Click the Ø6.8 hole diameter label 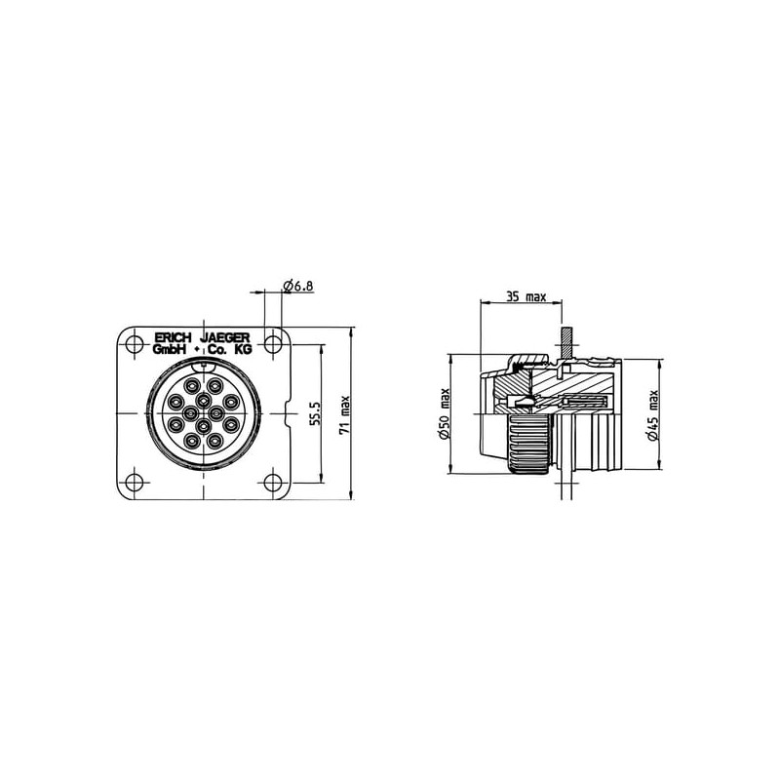pos(298,286)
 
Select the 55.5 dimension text pos(314,413)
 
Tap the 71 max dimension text pos(345,415)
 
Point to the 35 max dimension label pos(526,297)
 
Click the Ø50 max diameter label pos(445,413)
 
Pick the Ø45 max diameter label pos(653,415)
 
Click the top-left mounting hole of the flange pos(134,344)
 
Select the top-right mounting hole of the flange pos(273,344)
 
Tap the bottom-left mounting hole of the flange pos(134,482)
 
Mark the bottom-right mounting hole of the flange pos(273,482)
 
